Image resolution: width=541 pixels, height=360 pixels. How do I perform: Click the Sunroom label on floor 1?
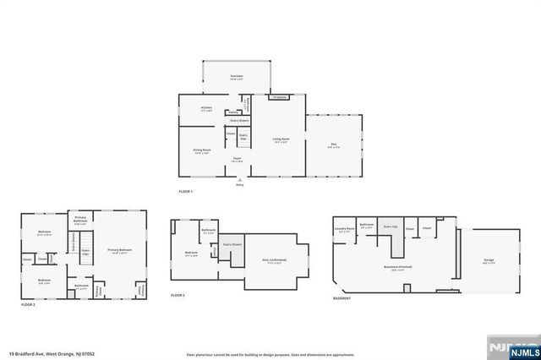(237, 77)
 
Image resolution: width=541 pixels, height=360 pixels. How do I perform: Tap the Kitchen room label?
(205, 109)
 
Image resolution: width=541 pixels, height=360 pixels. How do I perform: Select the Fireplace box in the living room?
(278, 96)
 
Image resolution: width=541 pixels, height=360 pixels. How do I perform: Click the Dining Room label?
(201, 151)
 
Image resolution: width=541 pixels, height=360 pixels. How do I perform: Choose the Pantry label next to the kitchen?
(232, 112)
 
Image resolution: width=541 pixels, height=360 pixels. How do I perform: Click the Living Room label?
(281, 139)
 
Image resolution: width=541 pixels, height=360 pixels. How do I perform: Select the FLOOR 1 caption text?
(186, 193)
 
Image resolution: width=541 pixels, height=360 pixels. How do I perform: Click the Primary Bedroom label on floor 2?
(119, 251)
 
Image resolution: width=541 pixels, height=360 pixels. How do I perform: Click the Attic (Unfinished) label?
(272, 263)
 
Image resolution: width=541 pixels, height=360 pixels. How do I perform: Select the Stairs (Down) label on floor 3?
(232, 245)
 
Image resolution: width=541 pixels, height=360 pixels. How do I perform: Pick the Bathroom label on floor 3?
(208, 231)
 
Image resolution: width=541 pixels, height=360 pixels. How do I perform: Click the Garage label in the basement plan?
(488, 261)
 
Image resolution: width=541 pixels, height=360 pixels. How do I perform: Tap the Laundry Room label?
(343, 229)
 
